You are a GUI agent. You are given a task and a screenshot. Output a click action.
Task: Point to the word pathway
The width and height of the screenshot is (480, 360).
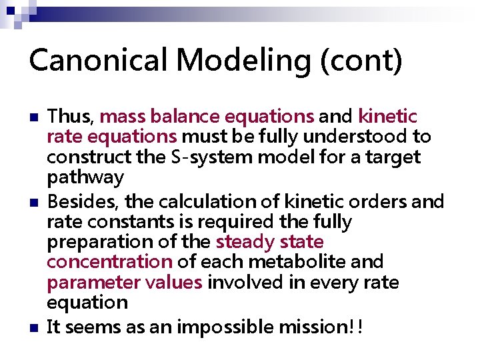pos(85,178)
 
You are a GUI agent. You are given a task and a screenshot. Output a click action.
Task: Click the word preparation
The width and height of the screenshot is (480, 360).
pos(98,241)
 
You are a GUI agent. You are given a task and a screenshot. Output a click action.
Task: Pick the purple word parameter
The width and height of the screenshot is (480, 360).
pos(89,282)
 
